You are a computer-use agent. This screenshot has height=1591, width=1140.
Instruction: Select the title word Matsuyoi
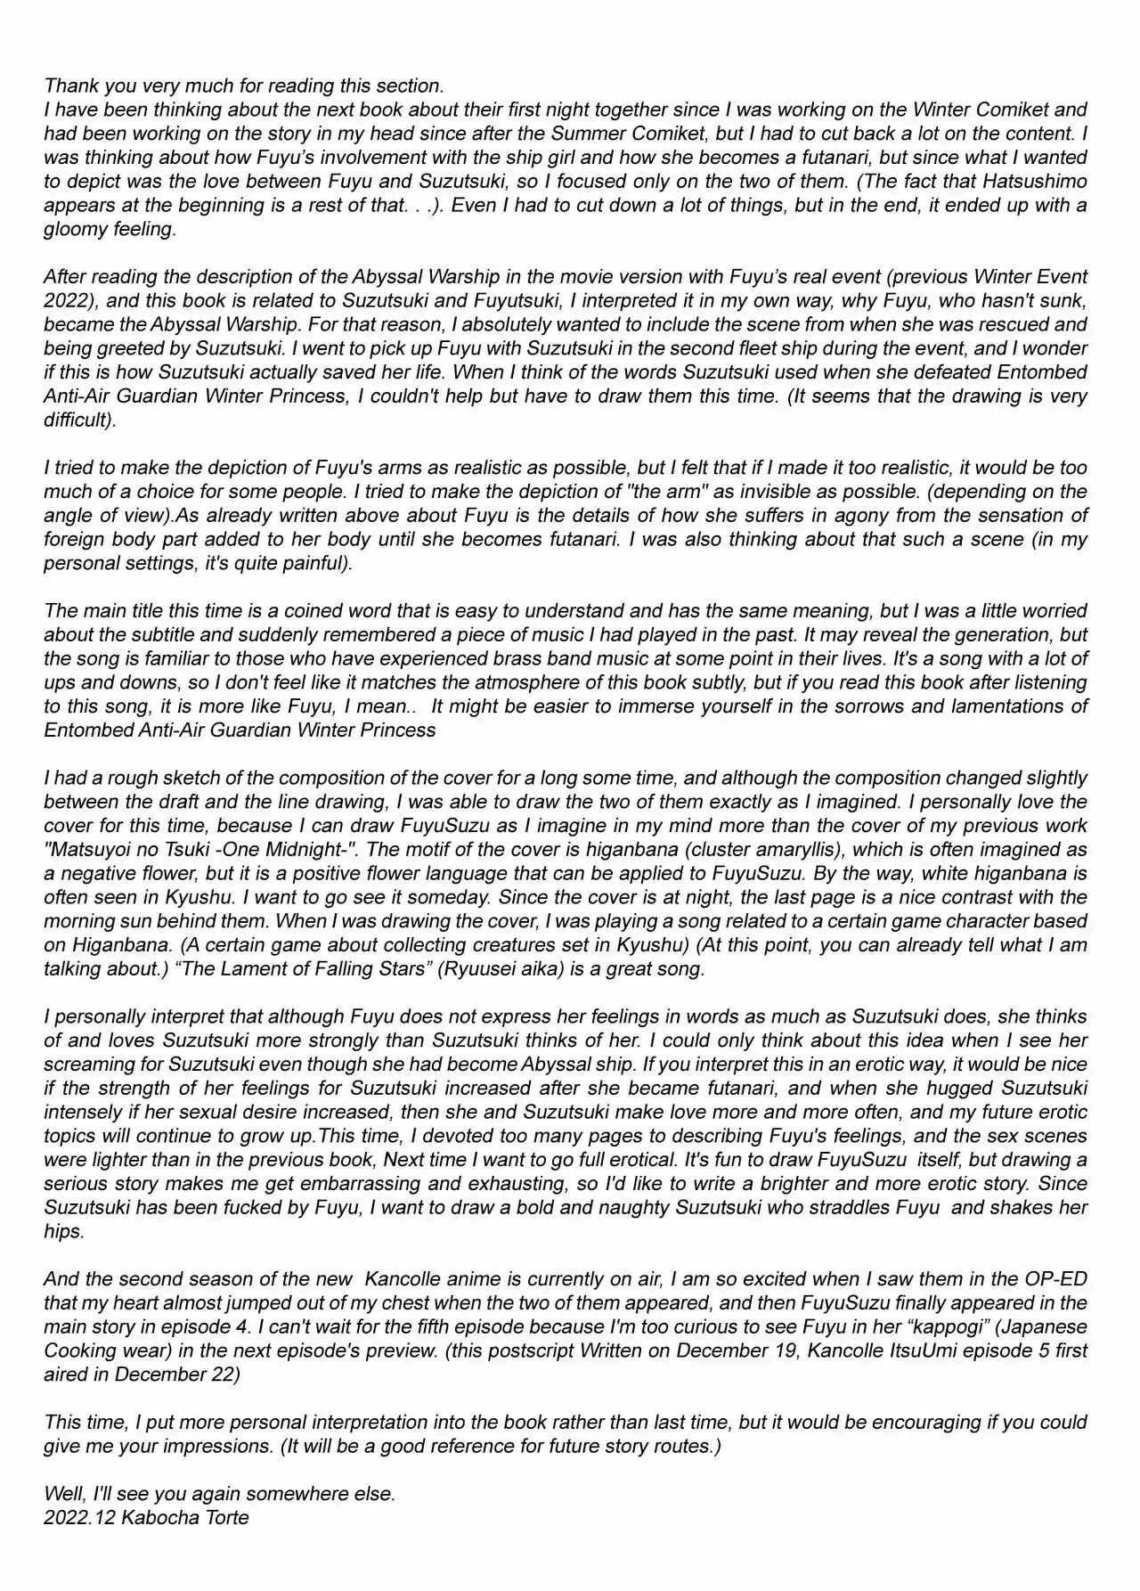91,850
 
